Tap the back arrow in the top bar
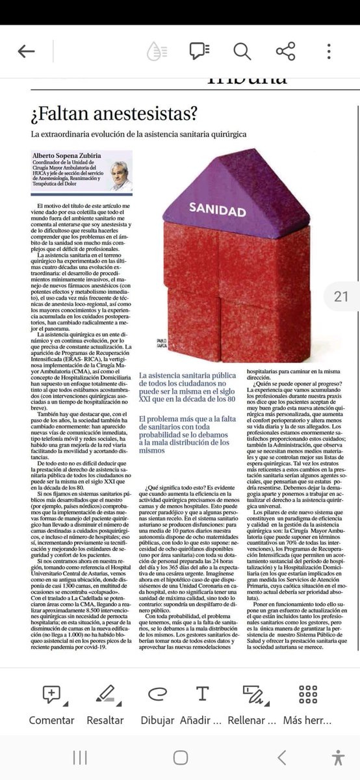coord(27,52)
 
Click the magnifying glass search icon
coord(242,51)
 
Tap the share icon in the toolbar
coord(285,51)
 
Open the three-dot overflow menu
coord(329,51)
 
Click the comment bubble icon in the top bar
coord(198,51)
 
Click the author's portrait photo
coord(119,171)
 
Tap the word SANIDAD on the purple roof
coord(218,211)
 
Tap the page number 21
coord(341,296)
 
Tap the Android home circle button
coord(180,758)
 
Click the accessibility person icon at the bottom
coord(337,758)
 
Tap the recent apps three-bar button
coord(80,758)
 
